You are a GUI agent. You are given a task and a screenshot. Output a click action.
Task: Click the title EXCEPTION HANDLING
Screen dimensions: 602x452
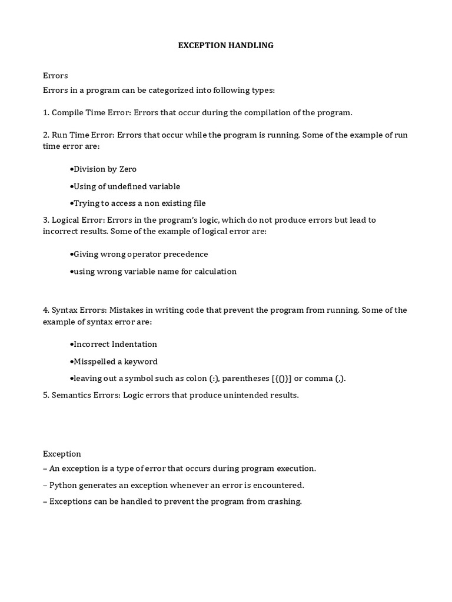tap(226, 45)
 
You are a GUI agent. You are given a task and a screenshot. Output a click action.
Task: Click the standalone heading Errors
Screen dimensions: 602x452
tap(55, 76)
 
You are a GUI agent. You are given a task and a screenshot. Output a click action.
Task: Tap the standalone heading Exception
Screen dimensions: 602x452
tap(62, 454)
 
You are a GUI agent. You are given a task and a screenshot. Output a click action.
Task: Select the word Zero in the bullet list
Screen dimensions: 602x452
tap(128, 169)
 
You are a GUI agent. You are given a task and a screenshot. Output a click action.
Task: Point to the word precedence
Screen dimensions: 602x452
tap(184, 255)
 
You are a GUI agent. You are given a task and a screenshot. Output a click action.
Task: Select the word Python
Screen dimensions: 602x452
tap(63, 486)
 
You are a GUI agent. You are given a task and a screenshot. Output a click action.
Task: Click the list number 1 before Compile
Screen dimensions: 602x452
tap(45, 112)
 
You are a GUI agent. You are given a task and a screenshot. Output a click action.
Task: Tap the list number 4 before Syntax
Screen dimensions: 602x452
tap(45, 310)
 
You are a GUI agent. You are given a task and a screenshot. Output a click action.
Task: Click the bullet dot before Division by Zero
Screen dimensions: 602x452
tap(71, 169)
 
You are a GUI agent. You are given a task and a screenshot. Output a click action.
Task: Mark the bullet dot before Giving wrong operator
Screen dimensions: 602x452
tap(71, 255)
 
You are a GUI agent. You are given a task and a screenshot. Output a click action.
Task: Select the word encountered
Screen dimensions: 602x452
tap(275, 486)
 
